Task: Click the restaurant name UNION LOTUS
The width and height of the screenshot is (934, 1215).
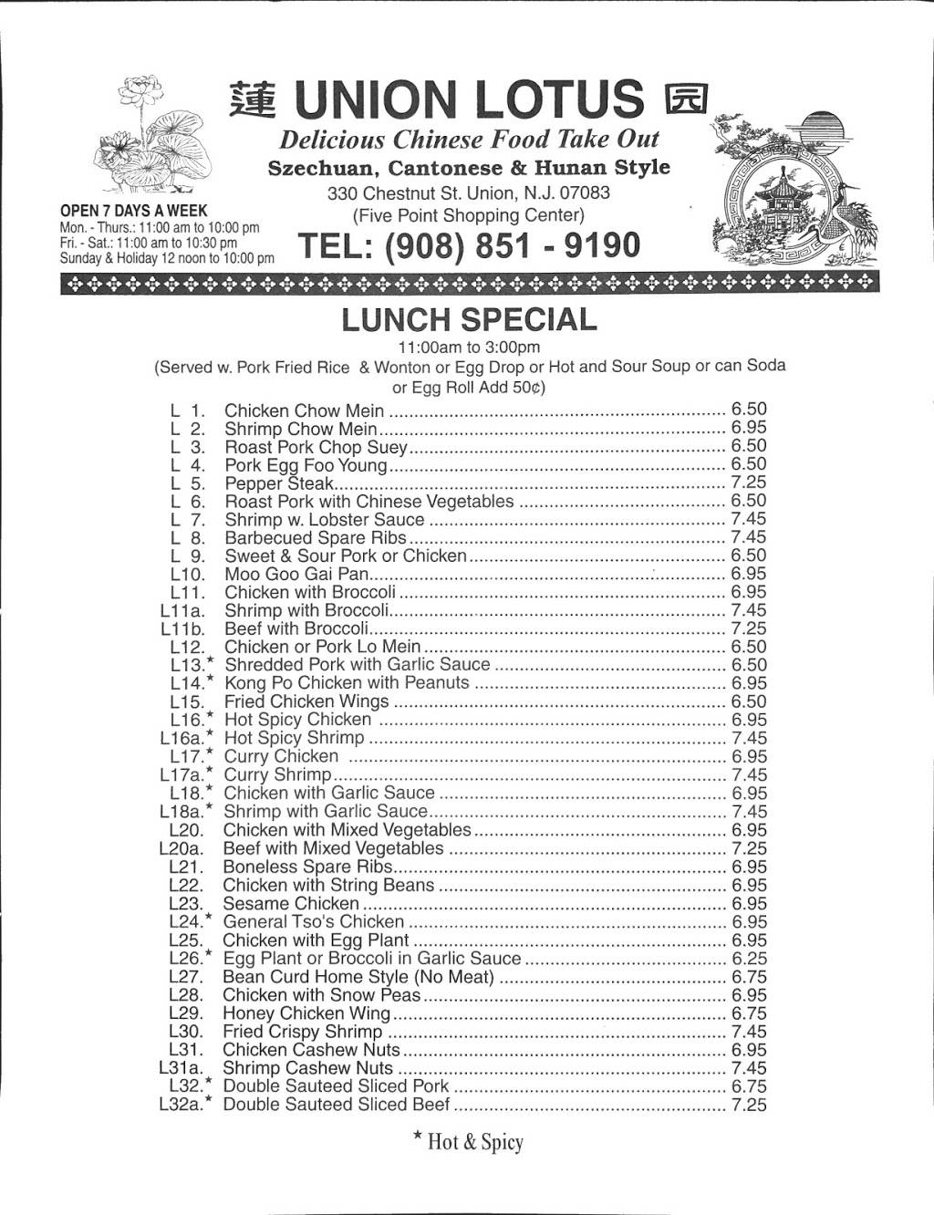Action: pyautogui.click(x=471, y=101)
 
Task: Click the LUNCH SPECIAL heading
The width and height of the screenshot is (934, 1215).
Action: pyautogui.click(x=469, y=319)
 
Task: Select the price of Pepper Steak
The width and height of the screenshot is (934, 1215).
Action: pyautogui.click(x=749, y=483)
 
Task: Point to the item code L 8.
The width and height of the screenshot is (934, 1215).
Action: pyautogui.click(x=188, y=538)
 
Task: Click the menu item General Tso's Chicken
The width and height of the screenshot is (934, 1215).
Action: pyautogui.click(x=313, y=922)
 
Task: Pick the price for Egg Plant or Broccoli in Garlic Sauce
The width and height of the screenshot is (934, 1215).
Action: pyautogui.click(x=749, y=959)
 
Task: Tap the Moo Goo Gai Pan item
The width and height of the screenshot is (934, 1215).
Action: pyautogui.click(x=296, y=575)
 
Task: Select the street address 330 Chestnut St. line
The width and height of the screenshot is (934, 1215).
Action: pyautogui.click(x=469, y=193)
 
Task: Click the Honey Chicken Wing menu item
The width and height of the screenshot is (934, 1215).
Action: pyautogui.click(x=306, y=1013)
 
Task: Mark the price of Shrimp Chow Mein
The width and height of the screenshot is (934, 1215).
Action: pyautogui.click(x=749, y=428)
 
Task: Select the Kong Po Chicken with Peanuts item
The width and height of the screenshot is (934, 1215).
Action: pyautogui.click(x=347, y=683)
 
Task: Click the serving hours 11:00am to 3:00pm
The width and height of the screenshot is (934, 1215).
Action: pyautogui.click(x=469, y=347)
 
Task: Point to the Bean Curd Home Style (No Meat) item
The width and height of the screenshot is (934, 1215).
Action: pyautogui.click(x=358, y=977)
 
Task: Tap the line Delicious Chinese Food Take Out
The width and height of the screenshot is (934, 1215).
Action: pyautogui.click(x=469, y=140)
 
